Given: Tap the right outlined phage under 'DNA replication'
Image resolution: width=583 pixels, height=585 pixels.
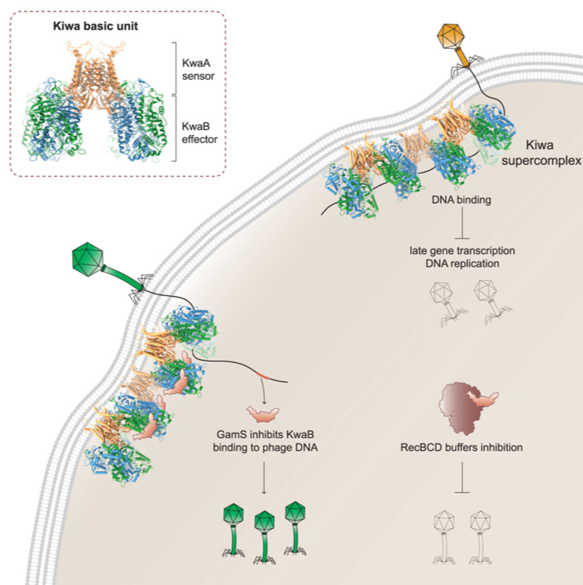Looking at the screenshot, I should point(488,302).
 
